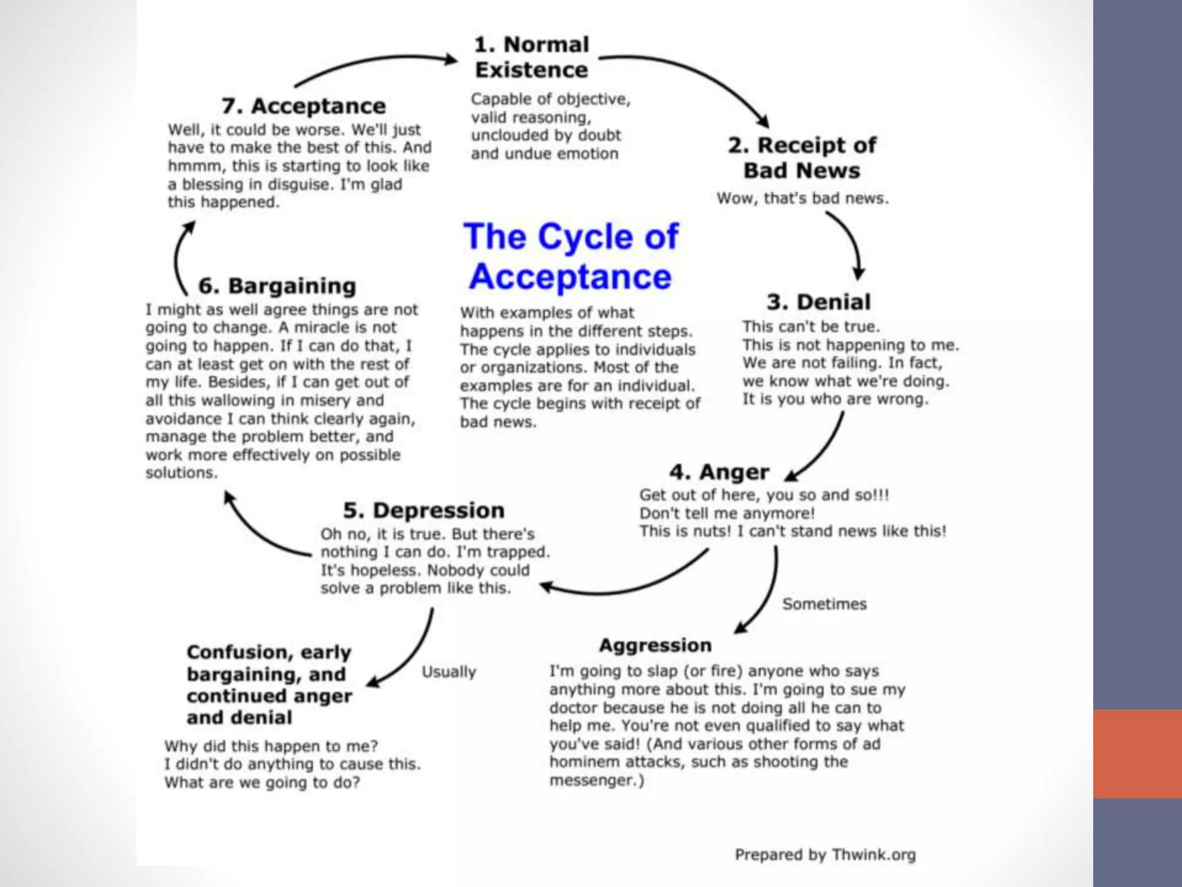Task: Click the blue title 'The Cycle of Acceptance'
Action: (x=571, y=256)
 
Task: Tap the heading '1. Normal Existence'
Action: (x=532, y=57)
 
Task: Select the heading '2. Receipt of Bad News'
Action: (x=802, y=158)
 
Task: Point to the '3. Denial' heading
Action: (x=818, y=302)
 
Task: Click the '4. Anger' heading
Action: (x=719, y=472)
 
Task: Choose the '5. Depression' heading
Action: (x=424, y=510)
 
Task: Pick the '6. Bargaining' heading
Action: (x=277, y=286)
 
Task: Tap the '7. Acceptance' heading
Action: (x=304, y=106)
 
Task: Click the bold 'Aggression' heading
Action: (x=655, y=645)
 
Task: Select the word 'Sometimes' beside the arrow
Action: (x=824, y=604)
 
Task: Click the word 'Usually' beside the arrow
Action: (x=448, y=672)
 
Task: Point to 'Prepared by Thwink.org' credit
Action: (x=825, y=855)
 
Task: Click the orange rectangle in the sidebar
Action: (x=1137, y=754)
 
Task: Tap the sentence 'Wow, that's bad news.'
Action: (x=802, y=199)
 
